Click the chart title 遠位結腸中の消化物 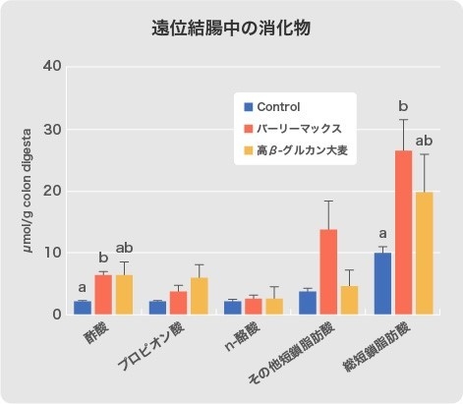(231, 28)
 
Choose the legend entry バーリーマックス (299, 129)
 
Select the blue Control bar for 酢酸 (83, 308)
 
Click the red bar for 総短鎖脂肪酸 (403, 233)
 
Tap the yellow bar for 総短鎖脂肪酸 (425, 254)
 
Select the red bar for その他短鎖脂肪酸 (328, 272)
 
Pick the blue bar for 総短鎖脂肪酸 (381, 284)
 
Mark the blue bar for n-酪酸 (232, 308)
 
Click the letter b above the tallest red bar (403, 105)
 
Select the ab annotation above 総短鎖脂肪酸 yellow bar (425, 140)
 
